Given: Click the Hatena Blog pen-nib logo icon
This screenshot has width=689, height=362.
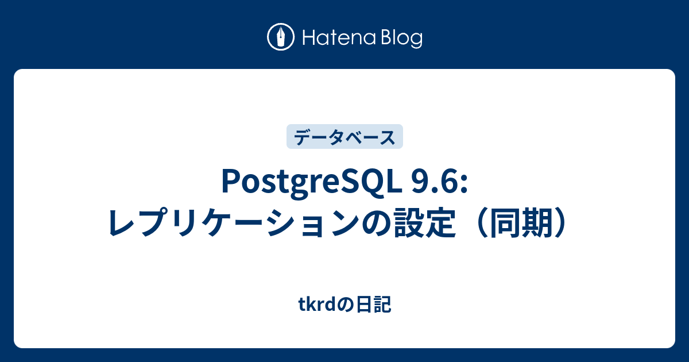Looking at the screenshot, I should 281,38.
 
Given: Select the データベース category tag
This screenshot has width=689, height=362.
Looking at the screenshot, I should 344,137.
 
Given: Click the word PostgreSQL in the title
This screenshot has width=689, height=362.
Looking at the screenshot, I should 311,183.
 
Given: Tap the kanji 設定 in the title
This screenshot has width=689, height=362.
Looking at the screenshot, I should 425,222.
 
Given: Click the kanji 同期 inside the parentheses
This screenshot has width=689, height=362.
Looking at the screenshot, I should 521,222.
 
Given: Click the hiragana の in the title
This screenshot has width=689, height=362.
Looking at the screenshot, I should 378,223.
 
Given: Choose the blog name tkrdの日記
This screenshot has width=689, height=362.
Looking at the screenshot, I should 345,306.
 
